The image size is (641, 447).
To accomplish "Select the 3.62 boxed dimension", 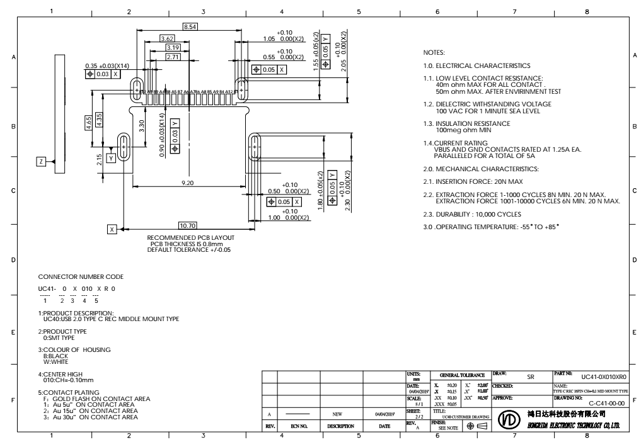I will pyautogui.click(x=167, y=39).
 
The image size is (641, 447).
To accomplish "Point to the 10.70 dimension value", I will pyautogui.click(x=187, y=225).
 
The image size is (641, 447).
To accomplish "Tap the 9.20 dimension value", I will pyautogui.click(x=187, y=183).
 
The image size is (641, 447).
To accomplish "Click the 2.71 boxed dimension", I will pyautogui.click(x=172, y=57).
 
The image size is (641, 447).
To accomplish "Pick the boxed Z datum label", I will pyautogui.click(x=41, y=162).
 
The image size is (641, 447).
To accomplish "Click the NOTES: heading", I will pyautogui.click(x=436, y=52).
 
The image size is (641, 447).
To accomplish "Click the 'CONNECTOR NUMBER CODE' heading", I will pyautogui.click(x=81, y=276).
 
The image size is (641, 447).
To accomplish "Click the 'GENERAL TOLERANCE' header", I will pyautogui.click(x=458, y=374).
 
